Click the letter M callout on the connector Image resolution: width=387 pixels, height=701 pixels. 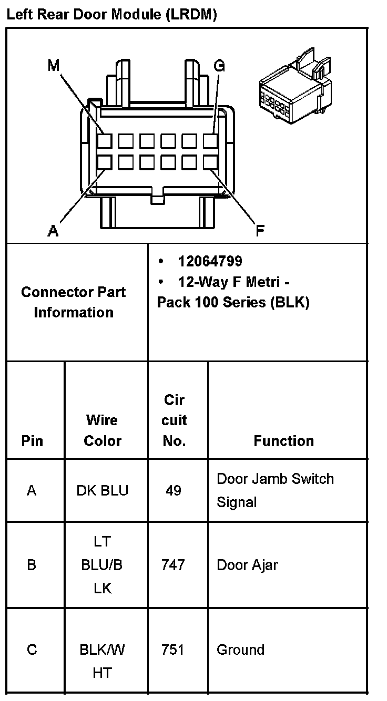[x=54, y=66]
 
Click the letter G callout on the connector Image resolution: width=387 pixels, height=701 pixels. [x=219, y=66]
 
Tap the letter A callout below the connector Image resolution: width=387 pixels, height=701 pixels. [x=53, y=230]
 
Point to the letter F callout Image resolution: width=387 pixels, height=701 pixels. [x=260, y=230]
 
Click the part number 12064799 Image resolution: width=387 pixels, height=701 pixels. [x=210, y=261]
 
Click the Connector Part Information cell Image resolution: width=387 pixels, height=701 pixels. [x=74, y=302]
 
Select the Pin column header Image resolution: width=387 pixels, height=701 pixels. [x=32, y=441]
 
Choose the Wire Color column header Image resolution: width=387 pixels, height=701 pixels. [x=103, y=430]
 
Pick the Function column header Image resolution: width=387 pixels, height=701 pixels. [x=283, y=441]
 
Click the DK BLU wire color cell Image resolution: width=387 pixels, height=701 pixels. [x=102, y=491]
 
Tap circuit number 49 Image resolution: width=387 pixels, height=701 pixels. [x=174, y=491]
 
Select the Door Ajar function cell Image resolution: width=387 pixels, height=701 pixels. [x=247, y=565]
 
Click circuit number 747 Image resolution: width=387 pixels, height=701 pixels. [x=174, y=565]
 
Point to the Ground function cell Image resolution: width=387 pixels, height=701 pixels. [x=240, y=650]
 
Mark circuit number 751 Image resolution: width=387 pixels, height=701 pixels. [x=174, y=650]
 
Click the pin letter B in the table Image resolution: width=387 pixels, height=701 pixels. [x=32, y=565]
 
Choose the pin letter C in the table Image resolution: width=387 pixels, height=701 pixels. [x=32, y=650]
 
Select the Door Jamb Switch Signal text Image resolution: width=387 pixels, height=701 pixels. [x=275, y=490]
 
